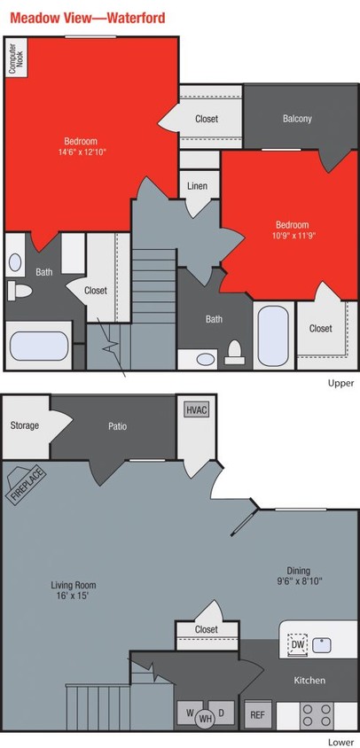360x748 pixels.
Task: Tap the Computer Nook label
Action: (15, 59)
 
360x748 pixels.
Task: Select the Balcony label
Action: (297, 119)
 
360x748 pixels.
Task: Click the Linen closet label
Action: (198, 186)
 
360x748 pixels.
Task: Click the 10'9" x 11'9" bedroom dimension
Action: (291, 236)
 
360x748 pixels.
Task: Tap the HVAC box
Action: (196, 409)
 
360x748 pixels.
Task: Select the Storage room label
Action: (24, 425)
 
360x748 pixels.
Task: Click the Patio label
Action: (117, 426)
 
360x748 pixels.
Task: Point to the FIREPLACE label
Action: (23, 484)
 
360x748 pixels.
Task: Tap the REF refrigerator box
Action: (256, 713)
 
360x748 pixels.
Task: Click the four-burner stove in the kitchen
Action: (316, 713)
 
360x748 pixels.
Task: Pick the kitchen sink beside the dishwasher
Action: (321, 644)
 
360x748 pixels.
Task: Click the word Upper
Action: (340, 383)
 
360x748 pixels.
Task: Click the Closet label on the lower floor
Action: (206, 629)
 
